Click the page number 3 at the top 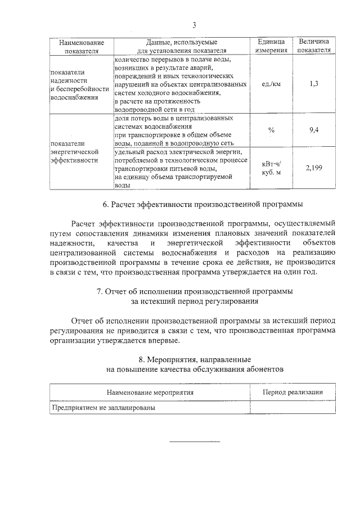pyautogui.click(x=194, y=25)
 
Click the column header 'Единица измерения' pyautogui.click(x=271, y=46)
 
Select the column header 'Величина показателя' pyautogui.click(x=314, y=46)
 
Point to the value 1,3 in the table pyautogui.click(x=314, y=84)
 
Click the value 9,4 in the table pyautogui.click(x=314, y=130)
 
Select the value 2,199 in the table pyautogui.click(x=314, y=168)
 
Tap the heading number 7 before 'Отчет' pyautogui.click(x=99, y=291)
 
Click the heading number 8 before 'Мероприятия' pyautogui.click(x=141, y=359)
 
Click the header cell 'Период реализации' pyautogui.click(x=292, y=393)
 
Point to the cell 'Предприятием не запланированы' pyautogui.click(x=103, y=408)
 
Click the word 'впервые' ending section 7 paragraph pyautogui.click(x=163, y=340)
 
